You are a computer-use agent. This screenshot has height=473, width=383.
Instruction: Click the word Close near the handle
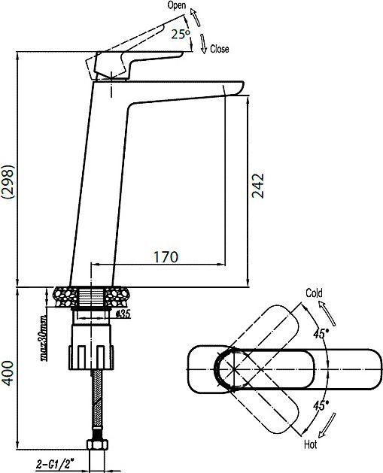click(x=219, y=49)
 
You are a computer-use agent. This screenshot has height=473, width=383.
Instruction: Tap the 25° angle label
click(x=180, y=35)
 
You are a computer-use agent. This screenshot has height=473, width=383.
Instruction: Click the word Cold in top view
click(x=314, y=293)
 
